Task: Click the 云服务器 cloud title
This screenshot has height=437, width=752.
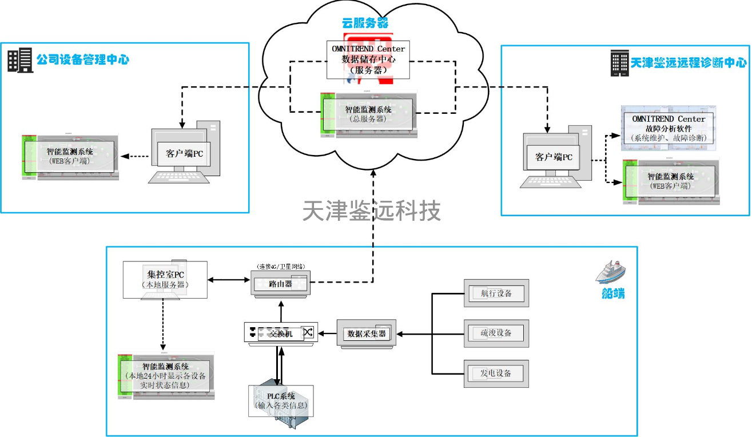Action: tap(365, 23)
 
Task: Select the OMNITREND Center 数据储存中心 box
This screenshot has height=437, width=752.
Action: tap(368, 59)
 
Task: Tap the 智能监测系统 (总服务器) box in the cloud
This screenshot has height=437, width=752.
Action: tap(368, 113)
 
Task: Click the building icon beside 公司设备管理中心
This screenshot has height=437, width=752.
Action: tap(20, 60)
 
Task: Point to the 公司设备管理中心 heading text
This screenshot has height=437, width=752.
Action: tap(83, 59)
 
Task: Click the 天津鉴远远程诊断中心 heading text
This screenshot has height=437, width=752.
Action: tap(689, 63)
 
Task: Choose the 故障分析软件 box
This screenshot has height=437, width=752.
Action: tap(668, 128)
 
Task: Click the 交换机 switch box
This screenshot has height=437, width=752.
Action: tap(281, 333)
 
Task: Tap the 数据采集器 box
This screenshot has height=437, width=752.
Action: tap(366, 333)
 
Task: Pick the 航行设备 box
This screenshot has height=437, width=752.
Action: tap(496, 293)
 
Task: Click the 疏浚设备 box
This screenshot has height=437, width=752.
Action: tap(496, 333)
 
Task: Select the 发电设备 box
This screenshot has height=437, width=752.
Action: tap(496, 374)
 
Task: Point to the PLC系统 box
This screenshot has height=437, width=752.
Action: tap(281, 400)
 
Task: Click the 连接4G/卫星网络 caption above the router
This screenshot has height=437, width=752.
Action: tap(281, 266)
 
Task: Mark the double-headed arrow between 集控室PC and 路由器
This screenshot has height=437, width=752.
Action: tap(229, 280)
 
